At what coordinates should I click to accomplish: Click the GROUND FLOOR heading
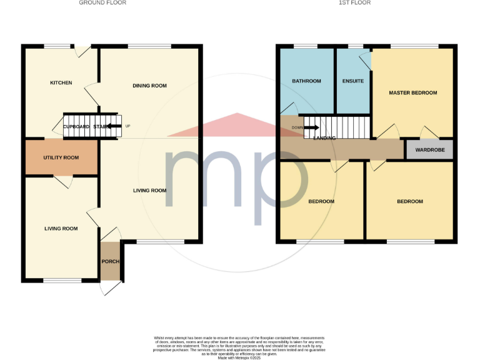(102, 3)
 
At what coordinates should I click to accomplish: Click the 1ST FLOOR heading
(354, 3)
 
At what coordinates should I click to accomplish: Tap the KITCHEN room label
(61, 83)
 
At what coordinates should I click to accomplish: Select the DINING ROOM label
(150, 86)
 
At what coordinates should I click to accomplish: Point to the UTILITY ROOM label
(61, 157)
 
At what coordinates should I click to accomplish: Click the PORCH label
(110, 262)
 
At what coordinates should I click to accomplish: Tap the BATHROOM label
(307, 81)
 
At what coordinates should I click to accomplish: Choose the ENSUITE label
(353, 81)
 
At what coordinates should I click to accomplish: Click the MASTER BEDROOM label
(412, 93)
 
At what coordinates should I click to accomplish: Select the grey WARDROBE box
(429, 150)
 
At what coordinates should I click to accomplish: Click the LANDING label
(324, 138)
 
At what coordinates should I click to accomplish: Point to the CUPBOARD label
(76, 126)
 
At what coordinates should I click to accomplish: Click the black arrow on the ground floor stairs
(113, 126)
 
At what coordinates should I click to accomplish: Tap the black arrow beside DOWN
(311, 128)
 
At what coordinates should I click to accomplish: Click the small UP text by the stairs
(128, 126)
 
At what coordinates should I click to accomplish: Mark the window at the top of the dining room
(149, 46)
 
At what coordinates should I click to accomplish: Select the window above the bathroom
(306, 46)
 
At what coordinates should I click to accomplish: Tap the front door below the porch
(111, 287)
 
